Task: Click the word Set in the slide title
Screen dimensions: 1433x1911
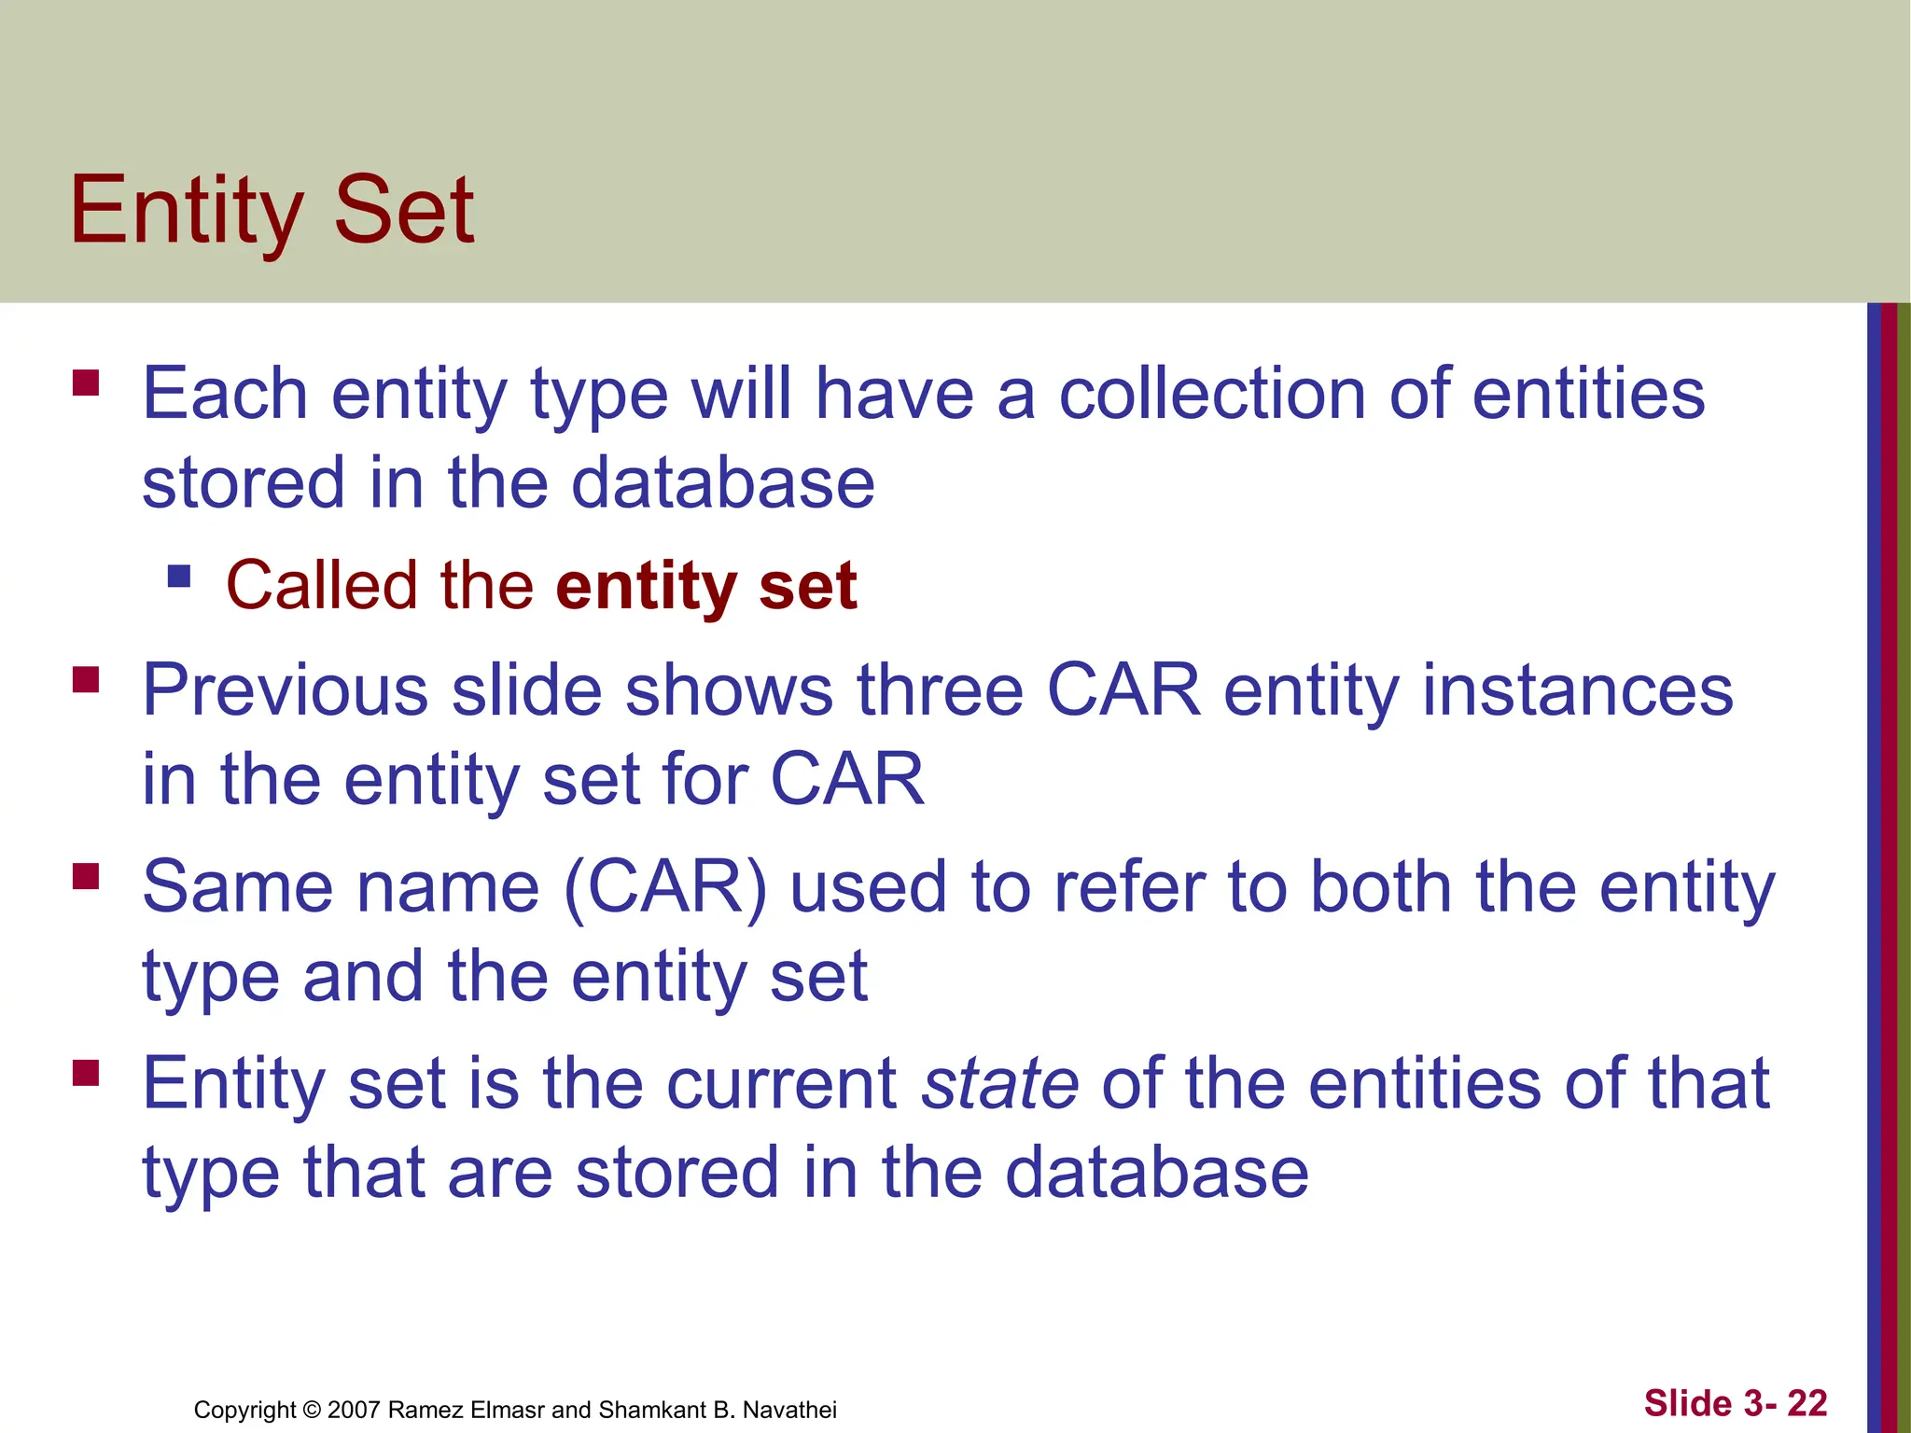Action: pos(403,210)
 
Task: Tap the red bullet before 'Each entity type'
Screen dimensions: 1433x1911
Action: pos(86,383)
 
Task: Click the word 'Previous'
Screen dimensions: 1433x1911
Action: pos(285,690)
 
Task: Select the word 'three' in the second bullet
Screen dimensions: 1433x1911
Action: pos(941,690)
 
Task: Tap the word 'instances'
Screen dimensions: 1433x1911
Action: pos(1577,690)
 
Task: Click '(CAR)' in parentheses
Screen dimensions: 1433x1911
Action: pos(665,887)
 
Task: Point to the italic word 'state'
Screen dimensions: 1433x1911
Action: pos(1000,1084)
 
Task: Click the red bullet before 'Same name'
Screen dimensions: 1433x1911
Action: pos(86,877)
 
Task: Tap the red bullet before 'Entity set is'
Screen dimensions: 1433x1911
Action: pos(86,1073)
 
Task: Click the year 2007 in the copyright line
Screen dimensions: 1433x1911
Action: pos(353,1410)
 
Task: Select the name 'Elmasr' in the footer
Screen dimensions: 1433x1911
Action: pos(507,1410)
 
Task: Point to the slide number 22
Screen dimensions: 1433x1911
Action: pos(1806,1403)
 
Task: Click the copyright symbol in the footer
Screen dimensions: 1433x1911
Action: pos(312,1410)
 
